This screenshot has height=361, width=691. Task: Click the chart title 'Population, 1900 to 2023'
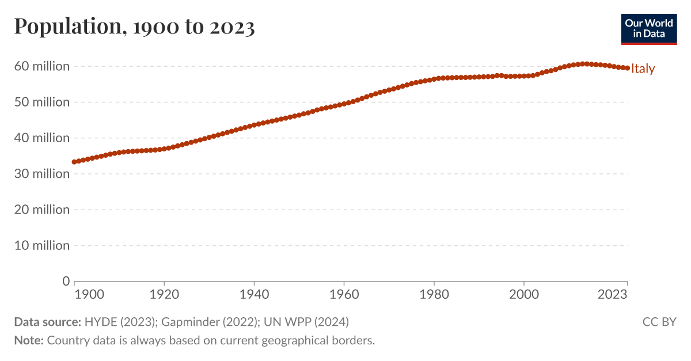pyautogui.click(x=134, y=26)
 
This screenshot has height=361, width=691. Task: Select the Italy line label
pyautogui.click(x=643, y=69)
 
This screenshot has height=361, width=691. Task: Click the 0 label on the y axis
pyautogui.click(x=66, y=281)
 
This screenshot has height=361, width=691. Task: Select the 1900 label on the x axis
pyautogui.click(x=89, y=295)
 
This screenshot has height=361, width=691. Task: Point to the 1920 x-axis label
pyautogui.click(x=164, y=295)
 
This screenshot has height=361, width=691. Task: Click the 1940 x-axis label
pyautogui.click(x=254, y=295)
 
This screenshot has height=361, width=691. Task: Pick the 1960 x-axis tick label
pyautogui.click(x=344, y=295)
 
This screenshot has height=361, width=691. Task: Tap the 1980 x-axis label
pyautogui.click(x=434, y=295)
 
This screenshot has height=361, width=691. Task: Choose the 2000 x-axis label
pyautogui.click(x=523, y=295)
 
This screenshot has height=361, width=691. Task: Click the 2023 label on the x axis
pyautogui.click(x=613, y=295)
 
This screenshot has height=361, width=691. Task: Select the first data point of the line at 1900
pyautogui.click(x=74, y=162)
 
